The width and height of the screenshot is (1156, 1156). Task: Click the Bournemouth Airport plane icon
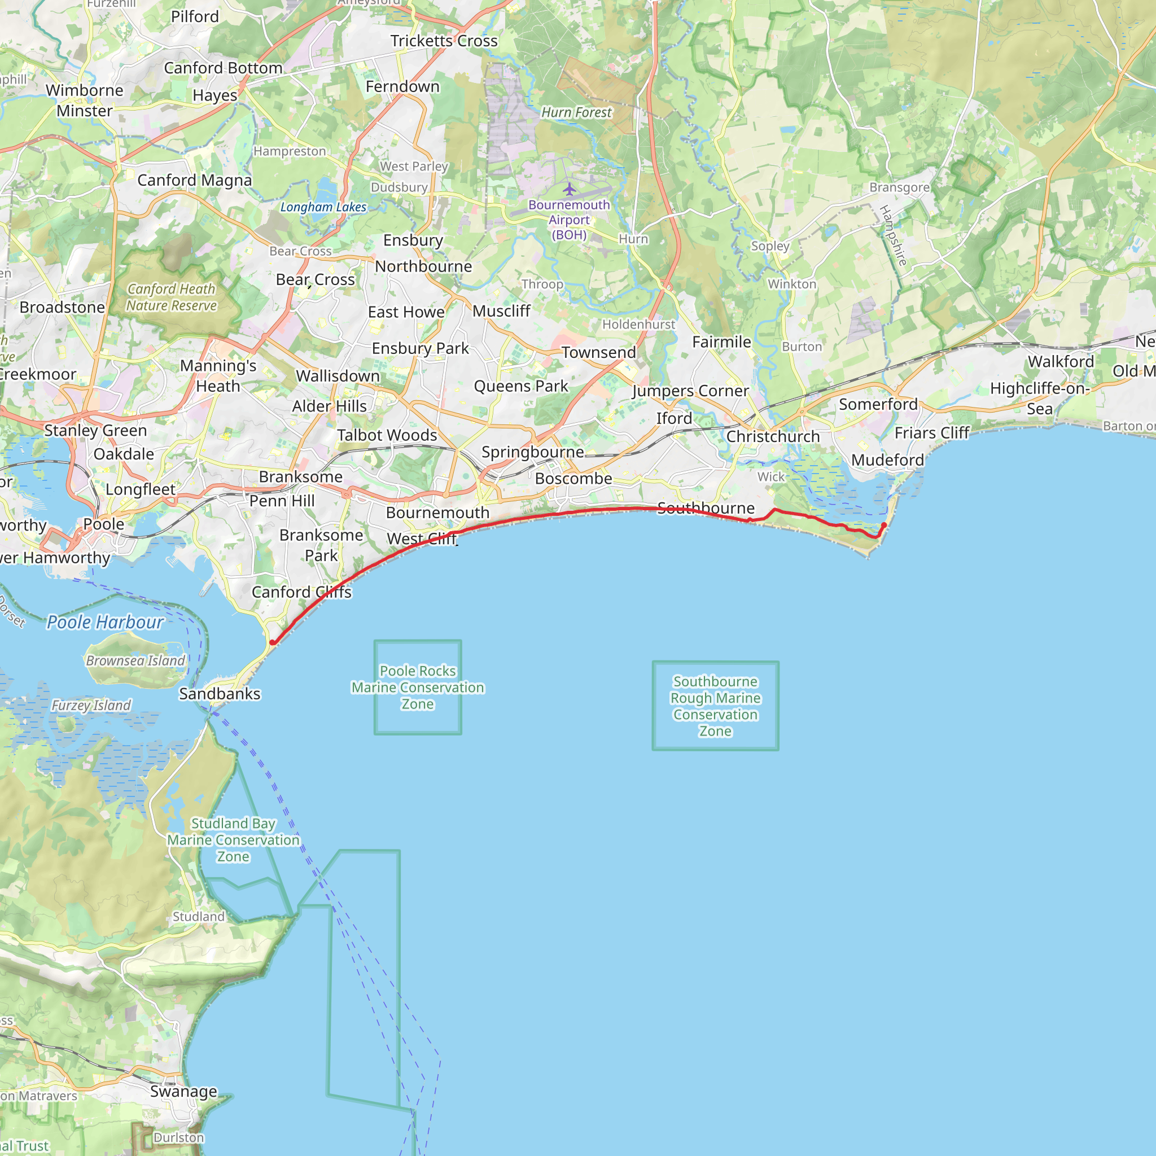click(x=569, y=190)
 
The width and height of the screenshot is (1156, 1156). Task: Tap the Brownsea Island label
click(x=136, y=660)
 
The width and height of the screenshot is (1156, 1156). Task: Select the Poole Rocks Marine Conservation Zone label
click(x=418, y=688)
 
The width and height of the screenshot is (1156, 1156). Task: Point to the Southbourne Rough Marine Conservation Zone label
click(x=715, y=706)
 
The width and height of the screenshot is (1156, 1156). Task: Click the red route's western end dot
click(x=272, y=642)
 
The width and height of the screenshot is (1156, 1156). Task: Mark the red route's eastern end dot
click(x=884, y=526)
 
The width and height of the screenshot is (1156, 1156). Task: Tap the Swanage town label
click(x=183, y=1092)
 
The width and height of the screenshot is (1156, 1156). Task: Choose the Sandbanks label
click(x=220, y=694)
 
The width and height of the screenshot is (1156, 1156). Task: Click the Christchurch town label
click(x=773, y=437)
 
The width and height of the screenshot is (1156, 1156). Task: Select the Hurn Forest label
click(x=576, y=112)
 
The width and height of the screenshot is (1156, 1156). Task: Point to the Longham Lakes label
click(x=323, y=207)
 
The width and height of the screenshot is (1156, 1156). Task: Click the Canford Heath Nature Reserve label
click(x=171, y=297)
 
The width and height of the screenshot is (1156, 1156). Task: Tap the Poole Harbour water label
click(x=106, y=622)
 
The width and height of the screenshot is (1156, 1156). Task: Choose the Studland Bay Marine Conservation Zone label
click(x=233, y=840)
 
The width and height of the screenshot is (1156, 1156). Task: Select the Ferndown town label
click(x=402, y=87)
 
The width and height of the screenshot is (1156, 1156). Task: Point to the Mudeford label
click(x=887, y=460)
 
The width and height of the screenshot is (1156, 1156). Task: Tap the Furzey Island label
click(x=91, y=706)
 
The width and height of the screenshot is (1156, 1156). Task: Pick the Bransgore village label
click(x=899, y=187)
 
